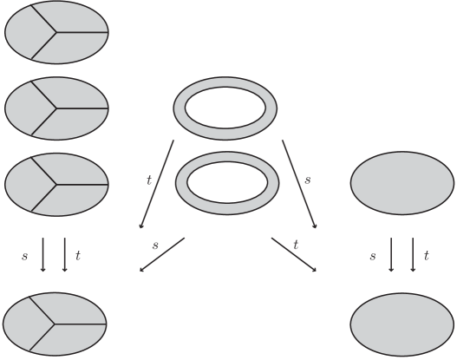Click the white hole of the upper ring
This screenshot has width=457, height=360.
pos(225,108)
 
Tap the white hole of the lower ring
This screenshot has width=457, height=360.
pos(227,182)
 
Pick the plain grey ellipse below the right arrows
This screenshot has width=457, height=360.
pos(402,324)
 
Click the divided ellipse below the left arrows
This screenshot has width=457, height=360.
pos(56,324)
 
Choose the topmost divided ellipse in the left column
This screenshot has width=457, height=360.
pos(56,33)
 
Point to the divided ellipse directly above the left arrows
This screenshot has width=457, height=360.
pos(56,184)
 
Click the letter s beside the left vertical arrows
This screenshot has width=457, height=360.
pos(26,256)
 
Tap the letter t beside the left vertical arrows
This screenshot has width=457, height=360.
pos(78,256)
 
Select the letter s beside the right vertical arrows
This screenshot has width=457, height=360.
pos(372,256)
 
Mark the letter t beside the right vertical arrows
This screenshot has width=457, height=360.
pos(426,256)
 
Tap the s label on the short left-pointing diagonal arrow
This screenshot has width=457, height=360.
pos(155,246)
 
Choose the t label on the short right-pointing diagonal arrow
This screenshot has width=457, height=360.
pos(296,245)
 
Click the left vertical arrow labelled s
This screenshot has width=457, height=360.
pos(43,256)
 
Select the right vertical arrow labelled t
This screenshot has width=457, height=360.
pos(412,256)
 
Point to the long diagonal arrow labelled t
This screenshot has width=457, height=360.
pos(158,184)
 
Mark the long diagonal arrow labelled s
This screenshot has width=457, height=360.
pos(298,184)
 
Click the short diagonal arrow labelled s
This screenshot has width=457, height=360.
pos(163,254)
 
